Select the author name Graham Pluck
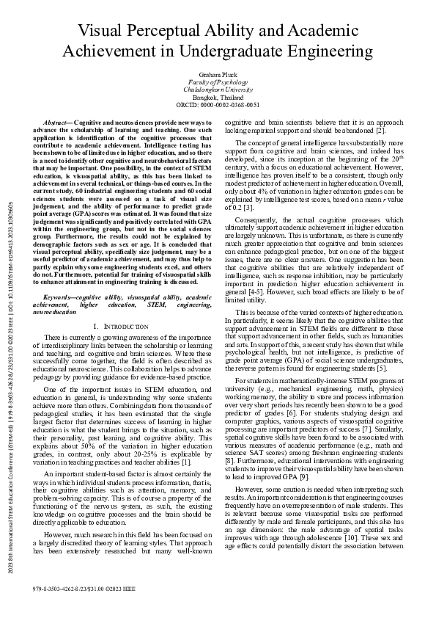coord(218,76)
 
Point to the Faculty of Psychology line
coord(218,83)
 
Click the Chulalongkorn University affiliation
coord(218,90)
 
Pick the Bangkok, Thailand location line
coord(218,98)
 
